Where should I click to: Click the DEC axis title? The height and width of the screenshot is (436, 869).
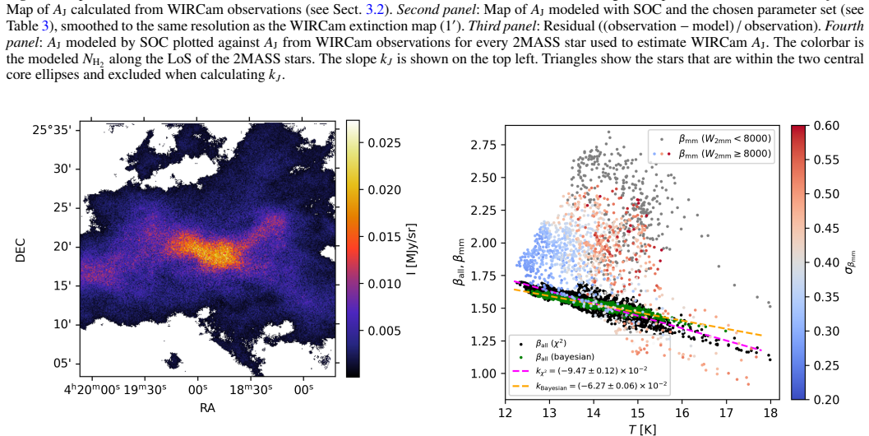(x=21, y=250)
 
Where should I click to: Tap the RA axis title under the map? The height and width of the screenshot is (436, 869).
(x=207, y=408)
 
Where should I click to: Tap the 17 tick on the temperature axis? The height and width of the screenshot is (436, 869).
(x=726, y=414)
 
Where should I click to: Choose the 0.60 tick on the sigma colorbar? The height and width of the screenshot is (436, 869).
(x=827, y=126)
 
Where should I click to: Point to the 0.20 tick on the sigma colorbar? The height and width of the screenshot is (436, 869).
(x=827, y=399)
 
